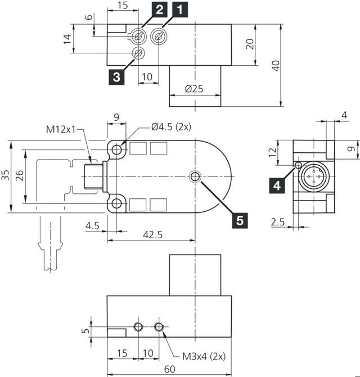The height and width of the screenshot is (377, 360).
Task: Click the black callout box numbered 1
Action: (x=180, y=10)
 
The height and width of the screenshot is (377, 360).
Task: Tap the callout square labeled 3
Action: (x=116, y=77)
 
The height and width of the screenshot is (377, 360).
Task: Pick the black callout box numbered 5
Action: (x=240, y=221)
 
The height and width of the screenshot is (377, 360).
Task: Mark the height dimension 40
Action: (x=275, y=65)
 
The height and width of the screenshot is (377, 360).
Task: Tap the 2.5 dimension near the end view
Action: (x=277, y=222)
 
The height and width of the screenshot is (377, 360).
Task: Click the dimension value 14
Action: (x=67, y=39)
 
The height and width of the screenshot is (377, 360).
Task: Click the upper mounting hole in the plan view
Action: (x=116, y=150)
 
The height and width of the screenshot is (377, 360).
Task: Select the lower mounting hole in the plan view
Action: (x=116, y=203)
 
